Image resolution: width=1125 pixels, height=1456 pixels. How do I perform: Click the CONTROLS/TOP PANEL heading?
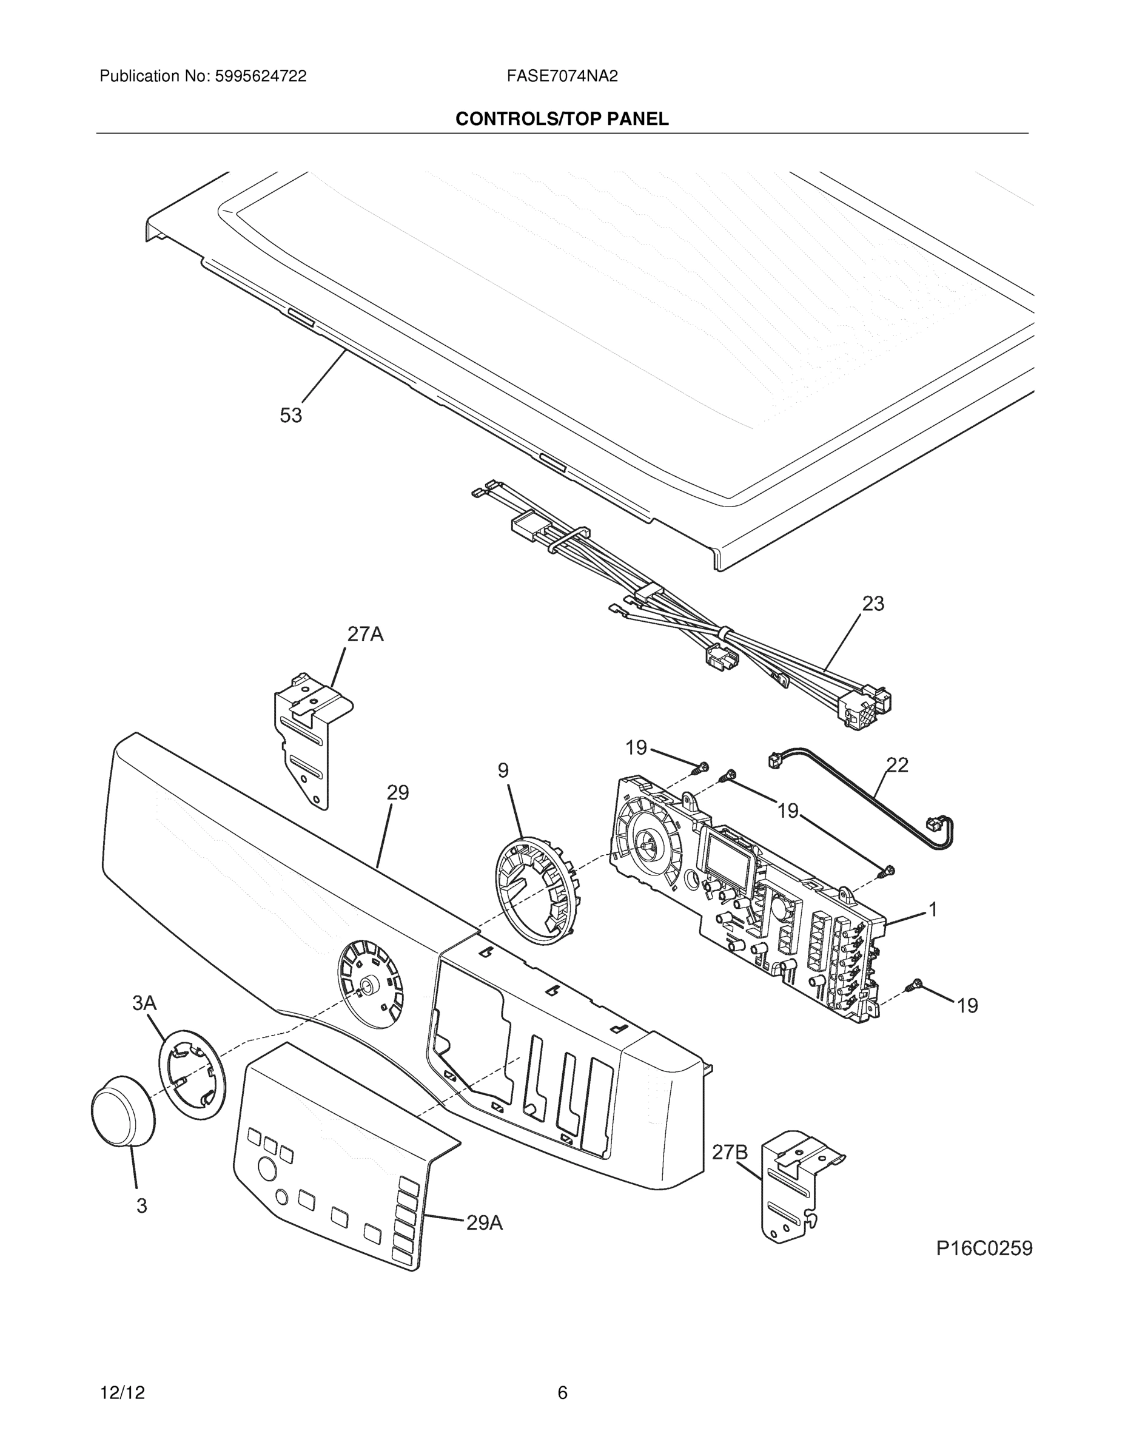pos(562,119)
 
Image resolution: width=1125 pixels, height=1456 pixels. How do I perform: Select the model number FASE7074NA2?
pos(562,76)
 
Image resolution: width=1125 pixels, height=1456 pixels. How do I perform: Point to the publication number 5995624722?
pos(260,76)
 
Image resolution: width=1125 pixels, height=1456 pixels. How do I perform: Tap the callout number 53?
pos(290,416)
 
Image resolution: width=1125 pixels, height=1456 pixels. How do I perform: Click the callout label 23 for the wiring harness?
pos(873,604)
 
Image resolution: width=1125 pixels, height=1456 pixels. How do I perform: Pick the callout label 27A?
pos(365,634)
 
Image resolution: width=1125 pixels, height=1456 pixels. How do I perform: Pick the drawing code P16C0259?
pos(984,1248)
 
